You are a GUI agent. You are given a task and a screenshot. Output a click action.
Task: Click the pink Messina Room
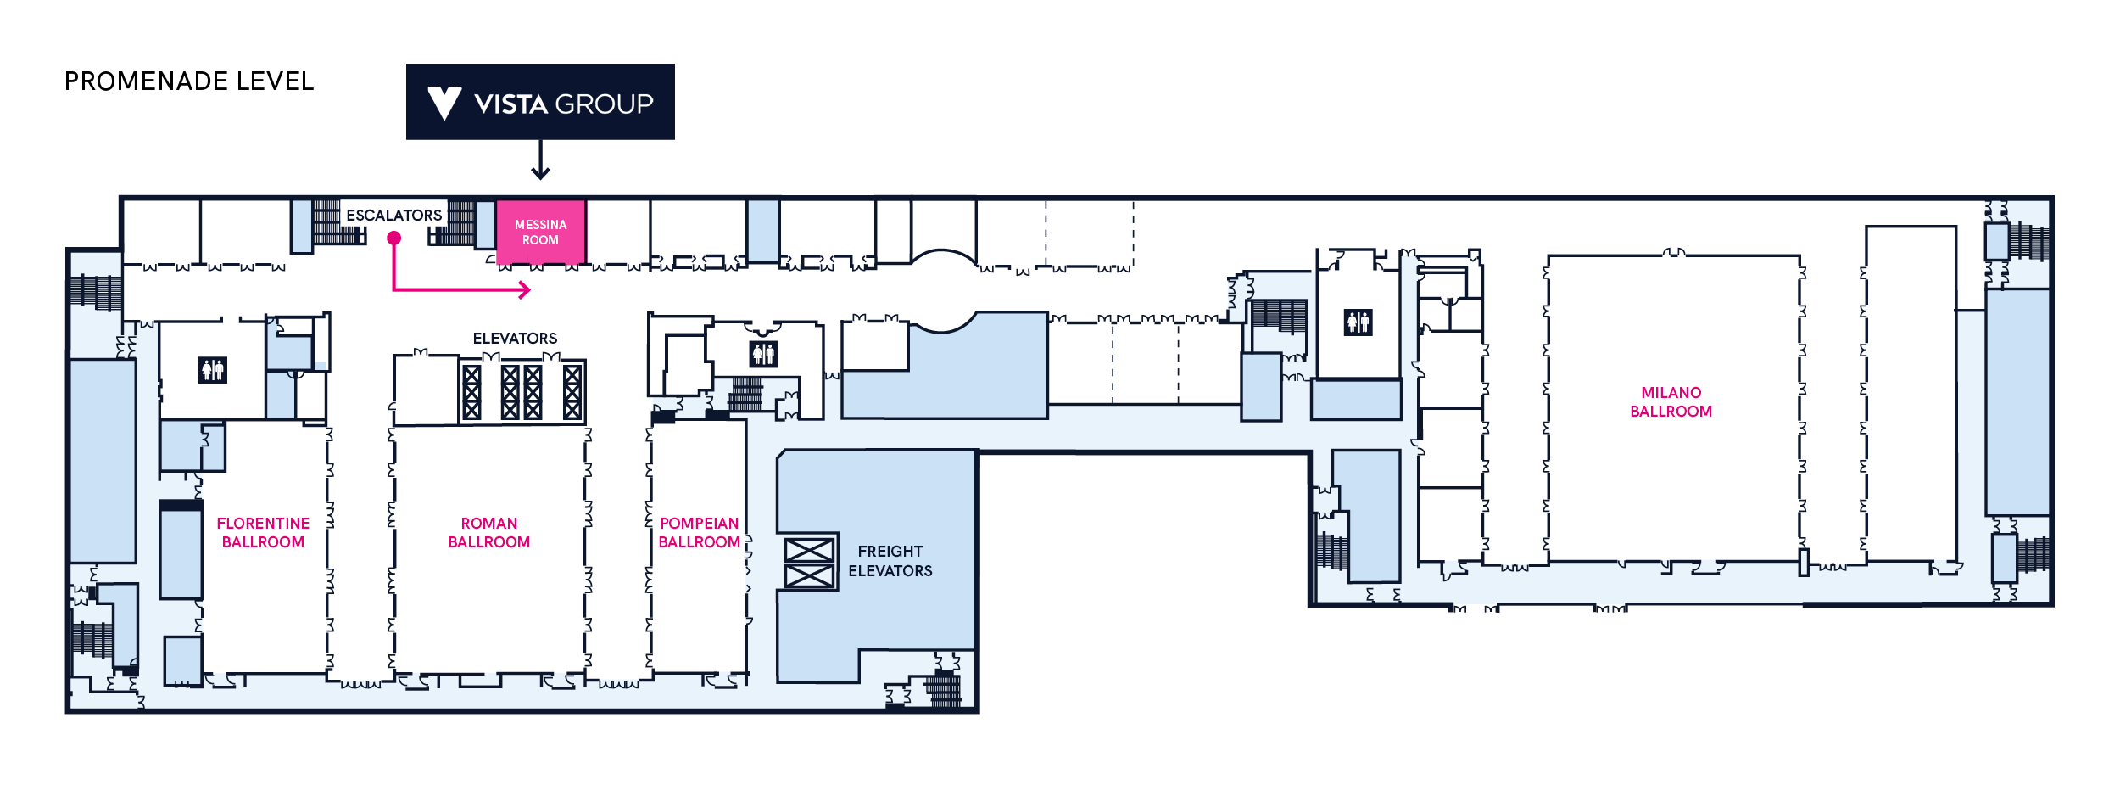click(x=540, y=232)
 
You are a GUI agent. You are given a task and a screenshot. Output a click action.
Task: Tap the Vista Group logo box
click(x=540, y=102)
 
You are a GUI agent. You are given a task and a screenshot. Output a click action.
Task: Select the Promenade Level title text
click(x=189, y=81)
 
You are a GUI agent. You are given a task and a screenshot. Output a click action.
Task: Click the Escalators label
click(x=394, y=216)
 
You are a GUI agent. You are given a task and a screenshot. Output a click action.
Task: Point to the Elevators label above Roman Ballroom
click(x=515, y=339)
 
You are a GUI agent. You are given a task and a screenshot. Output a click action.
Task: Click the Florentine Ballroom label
click(x=263, y=533)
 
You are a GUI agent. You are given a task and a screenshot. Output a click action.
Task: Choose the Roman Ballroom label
click(x=489, y=533)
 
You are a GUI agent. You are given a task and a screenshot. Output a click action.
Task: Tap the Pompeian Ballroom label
click(x=700, y=533)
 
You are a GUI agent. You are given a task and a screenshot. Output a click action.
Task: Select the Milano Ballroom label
click(x=1671, y=402)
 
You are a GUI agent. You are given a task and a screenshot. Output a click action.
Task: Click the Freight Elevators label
click(x=890, y=561)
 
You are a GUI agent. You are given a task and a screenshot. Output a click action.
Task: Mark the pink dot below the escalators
click(x=394, y=238)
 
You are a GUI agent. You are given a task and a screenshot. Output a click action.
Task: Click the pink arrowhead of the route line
click(x=525, y=290)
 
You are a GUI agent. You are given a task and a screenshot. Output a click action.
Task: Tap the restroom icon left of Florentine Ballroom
click(x=213, y=370)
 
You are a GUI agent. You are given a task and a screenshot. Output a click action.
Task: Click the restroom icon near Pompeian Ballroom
click(x=763, y=354)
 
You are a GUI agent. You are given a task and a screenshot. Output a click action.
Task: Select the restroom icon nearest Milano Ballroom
click(x=1358, y=322)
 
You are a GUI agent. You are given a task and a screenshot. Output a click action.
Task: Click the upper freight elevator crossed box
click(x=809, y=550)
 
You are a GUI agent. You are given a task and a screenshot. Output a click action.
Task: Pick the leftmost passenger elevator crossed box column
click(x=471, y=392)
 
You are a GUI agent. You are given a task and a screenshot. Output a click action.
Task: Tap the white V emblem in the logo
click(x=444, y=103)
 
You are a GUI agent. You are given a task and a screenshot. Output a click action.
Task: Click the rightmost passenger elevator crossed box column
click(x=572, y=392)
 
